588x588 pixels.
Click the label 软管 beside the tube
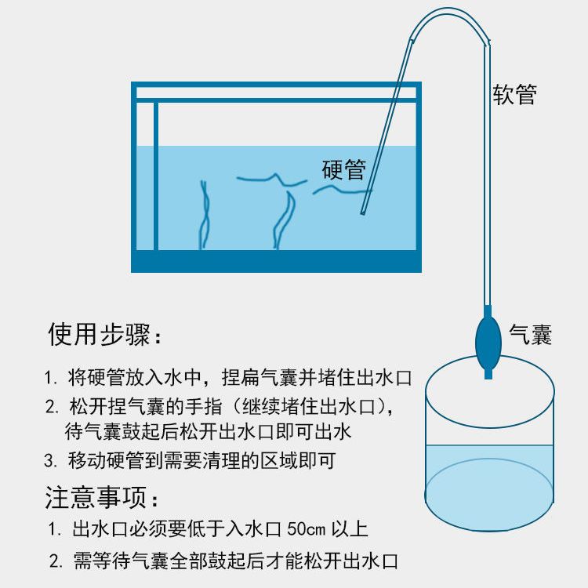pos(514,94)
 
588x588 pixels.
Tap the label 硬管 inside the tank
pos(344,169)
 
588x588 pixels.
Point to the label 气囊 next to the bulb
pos(530,334)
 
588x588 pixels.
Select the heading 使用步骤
pos(100,334)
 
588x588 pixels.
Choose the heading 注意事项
pos(96,497)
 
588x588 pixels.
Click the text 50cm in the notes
pos(306,528)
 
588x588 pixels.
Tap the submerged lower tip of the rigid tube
pos(363,212)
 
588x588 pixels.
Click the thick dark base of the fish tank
pos(277,261)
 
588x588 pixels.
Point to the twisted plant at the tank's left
pos(205,215)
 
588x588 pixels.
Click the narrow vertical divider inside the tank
pos(156,176)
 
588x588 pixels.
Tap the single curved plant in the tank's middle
pos(283,220)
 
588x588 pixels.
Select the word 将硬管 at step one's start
pos(96,377)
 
